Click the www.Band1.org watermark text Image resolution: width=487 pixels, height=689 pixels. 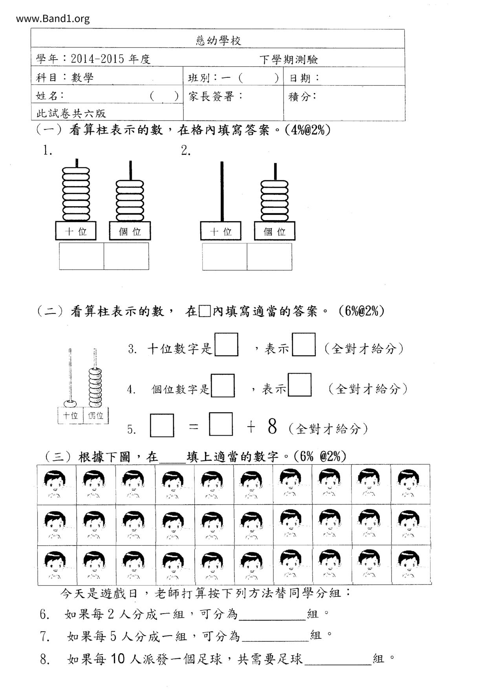(x=53, y=18)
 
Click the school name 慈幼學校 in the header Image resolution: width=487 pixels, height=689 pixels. (x=218, y=40)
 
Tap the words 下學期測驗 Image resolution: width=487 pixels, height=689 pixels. (x=289, y=60)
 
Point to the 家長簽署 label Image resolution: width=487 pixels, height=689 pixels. (x=216, y=96)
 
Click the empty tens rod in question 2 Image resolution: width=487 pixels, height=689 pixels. (x=222, y=191)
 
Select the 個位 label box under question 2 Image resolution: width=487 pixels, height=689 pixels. (x=275, y=231)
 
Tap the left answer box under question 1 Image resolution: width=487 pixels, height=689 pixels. (x=82, y=256)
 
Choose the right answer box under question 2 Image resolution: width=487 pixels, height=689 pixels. (x=269, y=257)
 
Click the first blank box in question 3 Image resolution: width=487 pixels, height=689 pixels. (x=226, y=344)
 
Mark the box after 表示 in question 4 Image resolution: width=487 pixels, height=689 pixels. (x=300, y=385)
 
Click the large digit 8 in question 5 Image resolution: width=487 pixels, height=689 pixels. (x=272, y=427)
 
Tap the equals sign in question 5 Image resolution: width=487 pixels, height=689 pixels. (x=194, y=427)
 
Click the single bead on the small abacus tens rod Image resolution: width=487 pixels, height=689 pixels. (x=71, y=403)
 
